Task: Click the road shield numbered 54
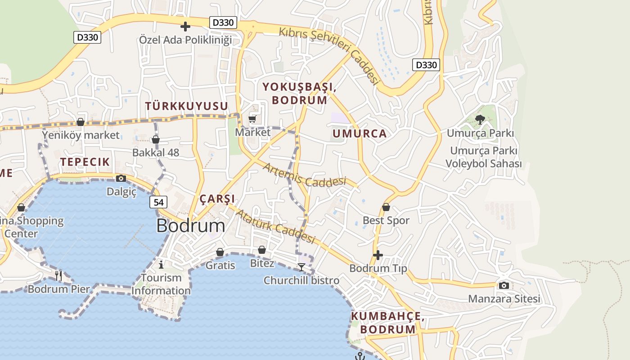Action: point(158,202)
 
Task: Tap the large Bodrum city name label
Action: point(191,226)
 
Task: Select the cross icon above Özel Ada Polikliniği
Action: point(185,26)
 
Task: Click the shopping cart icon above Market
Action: point(252,119)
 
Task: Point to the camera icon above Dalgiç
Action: point(121,178)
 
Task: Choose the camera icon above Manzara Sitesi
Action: point(504,285)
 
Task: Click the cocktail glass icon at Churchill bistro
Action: point(301,267)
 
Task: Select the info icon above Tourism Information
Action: point(161,264)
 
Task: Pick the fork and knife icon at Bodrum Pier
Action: point(58,275)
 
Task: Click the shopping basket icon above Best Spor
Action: point(386,207)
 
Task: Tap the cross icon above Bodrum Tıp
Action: point(378,255)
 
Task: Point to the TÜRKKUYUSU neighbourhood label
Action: point(186,106)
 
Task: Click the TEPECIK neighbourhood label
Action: point(85,162)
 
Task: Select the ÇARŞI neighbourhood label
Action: point(217,199)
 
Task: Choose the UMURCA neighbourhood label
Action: point(360,134)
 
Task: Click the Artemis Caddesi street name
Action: point(304,175)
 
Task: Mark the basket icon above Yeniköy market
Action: point(81,121)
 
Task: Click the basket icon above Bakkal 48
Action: point(156,139)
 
